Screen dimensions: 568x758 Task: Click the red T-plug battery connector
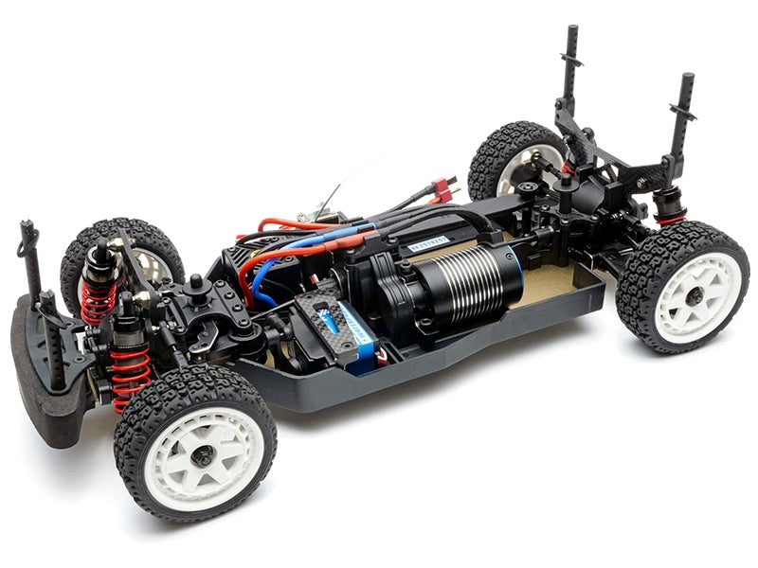pos(443,190)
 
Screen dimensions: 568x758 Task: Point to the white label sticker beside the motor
pos(430,243)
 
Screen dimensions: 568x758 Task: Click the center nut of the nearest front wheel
pos(203,455)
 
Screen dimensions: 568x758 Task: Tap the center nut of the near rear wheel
pos(695,295)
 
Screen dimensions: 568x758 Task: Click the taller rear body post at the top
pos(571,62)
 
